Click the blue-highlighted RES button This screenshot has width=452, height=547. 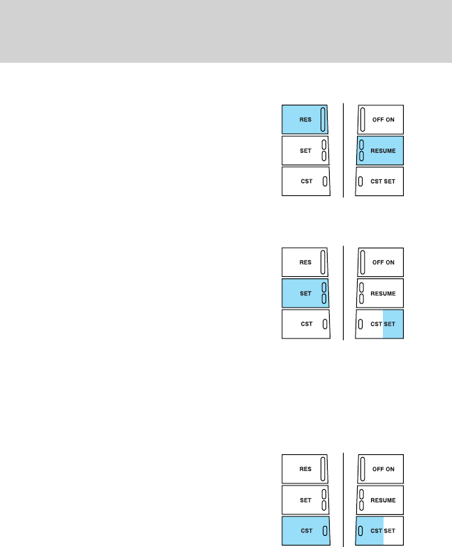click(305, 119)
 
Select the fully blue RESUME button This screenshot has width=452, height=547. click(381, 150)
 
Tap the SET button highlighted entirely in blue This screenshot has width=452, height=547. click(305, 293)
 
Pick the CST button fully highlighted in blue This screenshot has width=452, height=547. click(305, 530)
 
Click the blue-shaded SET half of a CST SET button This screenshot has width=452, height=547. click(393, 324)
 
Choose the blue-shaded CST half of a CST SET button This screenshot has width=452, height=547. click(370, 530)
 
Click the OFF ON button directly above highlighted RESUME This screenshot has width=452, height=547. click(381, 119)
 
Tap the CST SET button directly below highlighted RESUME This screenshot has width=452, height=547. click(381, 181)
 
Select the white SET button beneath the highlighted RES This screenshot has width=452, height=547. click(305, 150)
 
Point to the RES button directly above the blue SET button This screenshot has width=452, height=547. click(305, 262)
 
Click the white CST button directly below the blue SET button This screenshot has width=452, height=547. click(305, 324)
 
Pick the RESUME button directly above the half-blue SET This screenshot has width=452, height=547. click(381, 293)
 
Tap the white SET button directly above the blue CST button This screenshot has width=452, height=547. click(305, 500)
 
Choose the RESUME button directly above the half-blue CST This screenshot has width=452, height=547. click(381, 500)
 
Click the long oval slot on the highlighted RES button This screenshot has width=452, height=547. click(323, 119)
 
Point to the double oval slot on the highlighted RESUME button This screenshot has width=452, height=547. click(361, 150)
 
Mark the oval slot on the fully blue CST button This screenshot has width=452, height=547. click(324, 530)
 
